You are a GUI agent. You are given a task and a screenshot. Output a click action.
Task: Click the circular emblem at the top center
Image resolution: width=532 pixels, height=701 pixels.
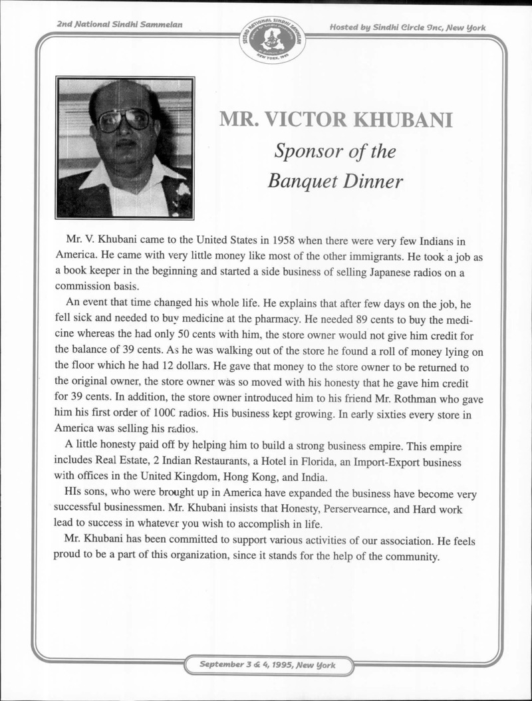click(273, 39)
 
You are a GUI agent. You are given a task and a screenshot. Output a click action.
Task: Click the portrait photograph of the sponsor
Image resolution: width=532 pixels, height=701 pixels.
click(125, 148)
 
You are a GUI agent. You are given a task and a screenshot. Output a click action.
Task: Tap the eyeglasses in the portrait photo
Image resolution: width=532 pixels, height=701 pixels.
click(124, 120)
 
